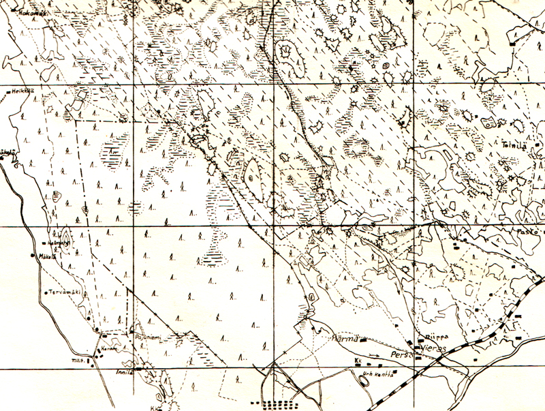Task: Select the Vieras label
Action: click(x=434, y=346)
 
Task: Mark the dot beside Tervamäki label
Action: click(x=44, y=292)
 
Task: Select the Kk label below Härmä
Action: click(x=358, y=361)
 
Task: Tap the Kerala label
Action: click(x=110, y=347)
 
